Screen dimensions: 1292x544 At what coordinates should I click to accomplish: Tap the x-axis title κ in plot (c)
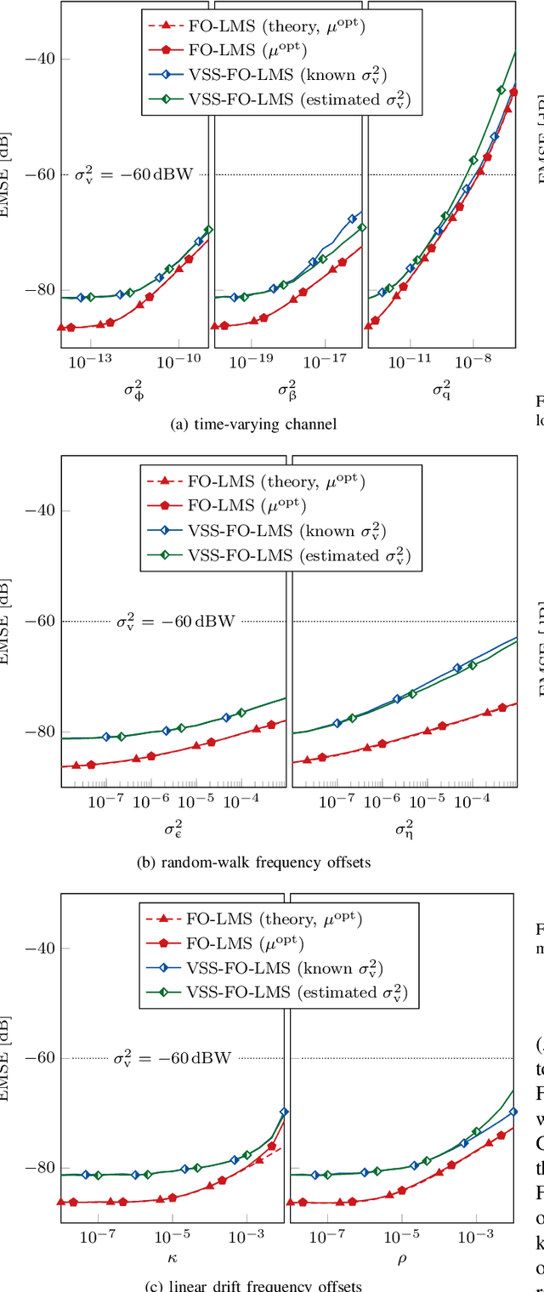coord(173,1257)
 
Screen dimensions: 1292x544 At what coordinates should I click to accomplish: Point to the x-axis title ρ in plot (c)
coord(402,1257)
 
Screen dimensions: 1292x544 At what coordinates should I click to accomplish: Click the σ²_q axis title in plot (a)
coord(441,390)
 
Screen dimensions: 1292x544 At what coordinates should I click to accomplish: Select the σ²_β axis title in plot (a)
coord(287,390)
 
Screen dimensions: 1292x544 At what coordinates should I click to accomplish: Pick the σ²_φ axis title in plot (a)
coord(134,390)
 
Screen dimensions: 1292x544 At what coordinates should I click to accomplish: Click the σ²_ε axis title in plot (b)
coord(173,827)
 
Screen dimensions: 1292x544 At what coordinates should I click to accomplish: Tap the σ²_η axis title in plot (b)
coord(404,827)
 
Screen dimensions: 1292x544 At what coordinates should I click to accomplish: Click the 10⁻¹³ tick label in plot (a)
coord(91,361)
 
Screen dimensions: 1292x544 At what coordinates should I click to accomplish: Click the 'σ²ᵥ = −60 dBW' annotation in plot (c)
coord(173,1059)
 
